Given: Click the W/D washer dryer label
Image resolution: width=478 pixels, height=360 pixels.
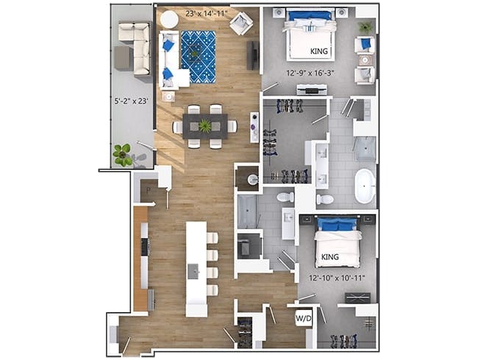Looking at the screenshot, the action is click(x=304, y=319).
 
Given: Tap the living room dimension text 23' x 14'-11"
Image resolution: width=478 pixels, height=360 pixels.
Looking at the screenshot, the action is click(x=207, y=13).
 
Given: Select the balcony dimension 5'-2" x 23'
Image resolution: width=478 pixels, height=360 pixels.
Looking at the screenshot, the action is click(x=131, y=101).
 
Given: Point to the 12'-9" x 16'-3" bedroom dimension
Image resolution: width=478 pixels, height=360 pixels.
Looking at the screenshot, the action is click(x=310, y=73).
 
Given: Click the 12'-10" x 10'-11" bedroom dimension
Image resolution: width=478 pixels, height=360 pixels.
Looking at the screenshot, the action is click(x=337, y=278).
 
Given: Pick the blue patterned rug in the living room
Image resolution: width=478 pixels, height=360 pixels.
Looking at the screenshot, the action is click(x=199, y=57).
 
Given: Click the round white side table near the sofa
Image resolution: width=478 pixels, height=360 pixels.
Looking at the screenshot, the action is click(x=169, y=20).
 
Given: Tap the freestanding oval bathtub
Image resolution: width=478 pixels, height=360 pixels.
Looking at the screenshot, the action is click(x=365, y=186).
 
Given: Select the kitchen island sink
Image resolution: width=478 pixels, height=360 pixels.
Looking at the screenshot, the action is click(x=193, y=271).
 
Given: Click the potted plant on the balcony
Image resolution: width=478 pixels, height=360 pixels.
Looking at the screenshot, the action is click(x=122, y=155).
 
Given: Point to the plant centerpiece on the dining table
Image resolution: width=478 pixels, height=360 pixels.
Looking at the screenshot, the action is click(x=205, y=126).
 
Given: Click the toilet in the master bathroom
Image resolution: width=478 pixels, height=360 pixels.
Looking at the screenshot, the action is click(x=325, y=200).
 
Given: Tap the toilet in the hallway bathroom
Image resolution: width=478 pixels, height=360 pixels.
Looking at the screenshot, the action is click(x=285, y=196).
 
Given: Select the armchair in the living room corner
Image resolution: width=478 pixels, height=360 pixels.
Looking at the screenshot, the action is click(x=241, y=24).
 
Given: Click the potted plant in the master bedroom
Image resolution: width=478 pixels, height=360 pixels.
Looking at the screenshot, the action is click(x=365, y=28).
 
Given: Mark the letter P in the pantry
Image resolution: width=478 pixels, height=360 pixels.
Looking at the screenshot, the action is click(x=149, y=191).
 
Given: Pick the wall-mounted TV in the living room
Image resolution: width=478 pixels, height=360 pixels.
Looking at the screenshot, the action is click(x=253, y=55).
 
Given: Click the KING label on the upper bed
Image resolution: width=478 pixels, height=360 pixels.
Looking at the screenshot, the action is click(x=319, y=51).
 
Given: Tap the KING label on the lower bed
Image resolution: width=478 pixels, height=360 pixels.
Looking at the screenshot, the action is click(x=330, y=256).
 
